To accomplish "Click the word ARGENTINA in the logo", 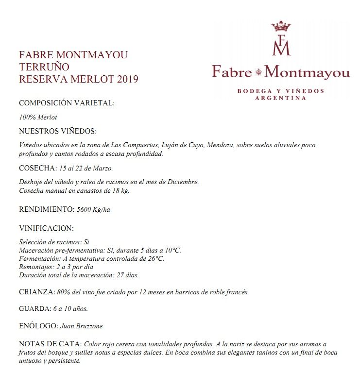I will click(x=281, y=98).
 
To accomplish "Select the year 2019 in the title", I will click(x=127, y=79).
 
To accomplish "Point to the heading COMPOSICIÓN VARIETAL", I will click(x=67, y=103).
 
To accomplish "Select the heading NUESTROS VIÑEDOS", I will click(x=58, y=131).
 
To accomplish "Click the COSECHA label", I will click(x=37, y=168).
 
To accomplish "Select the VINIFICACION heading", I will click(x=46, y=228).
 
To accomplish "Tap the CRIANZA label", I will click(x=36, y=292).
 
